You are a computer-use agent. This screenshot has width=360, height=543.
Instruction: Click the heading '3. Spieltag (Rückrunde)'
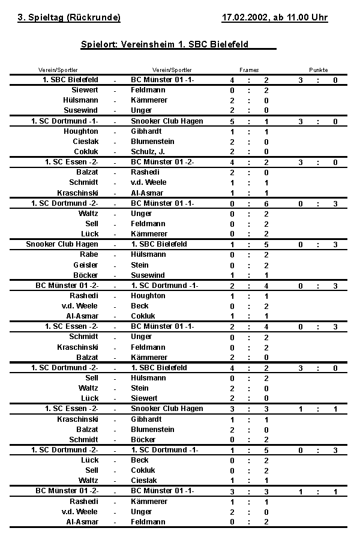[69, 17]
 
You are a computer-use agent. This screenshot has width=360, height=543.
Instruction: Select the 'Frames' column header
[249, 70]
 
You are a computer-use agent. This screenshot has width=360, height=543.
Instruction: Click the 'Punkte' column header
[319, 70]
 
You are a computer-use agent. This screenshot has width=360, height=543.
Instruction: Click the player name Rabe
[89, 254]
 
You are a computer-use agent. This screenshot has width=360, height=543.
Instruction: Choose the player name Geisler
[86, 265]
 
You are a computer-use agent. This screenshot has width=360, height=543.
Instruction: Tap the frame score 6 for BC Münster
[266, 203]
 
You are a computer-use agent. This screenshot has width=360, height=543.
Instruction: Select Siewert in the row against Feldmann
[85, 90]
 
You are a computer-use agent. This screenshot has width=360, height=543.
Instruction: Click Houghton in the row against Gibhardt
[81, 131]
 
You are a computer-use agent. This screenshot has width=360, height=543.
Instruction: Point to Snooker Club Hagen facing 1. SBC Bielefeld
[62, 244]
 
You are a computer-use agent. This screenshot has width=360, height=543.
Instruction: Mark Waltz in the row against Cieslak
[89, 481]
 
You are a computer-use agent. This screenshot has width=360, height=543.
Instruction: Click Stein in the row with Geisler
[140, 265]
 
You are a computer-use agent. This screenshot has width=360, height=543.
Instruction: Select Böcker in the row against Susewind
[86, 275]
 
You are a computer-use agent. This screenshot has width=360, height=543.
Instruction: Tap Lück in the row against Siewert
[90, 398]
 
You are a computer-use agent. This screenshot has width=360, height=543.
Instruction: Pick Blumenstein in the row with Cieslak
[152, 142]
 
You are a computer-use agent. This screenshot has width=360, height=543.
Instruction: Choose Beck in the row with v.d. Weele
[140, 306]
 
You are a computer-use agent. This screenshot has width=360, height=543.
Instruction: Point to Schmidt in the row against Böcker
[84, 440]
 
